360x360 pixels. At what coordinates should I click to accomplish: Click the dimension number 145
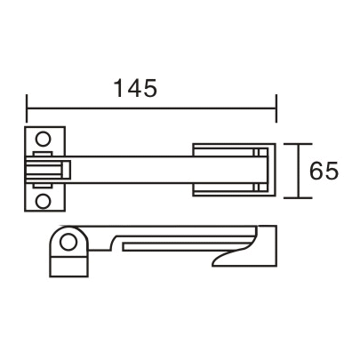(135, 89)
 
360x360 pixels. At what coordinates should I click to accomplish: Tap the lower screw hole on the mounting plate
(42, 201)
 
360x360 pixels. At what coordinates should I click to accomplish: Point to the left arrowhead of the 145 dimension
(30, 110)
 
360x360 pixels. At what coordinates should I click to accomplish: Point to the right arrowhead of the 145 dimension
(275, 110)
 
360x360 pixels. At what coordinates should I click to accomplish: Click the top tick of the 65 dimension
(300, 143)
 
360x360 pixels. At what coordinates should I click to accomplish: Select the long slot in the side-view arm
(187, 241)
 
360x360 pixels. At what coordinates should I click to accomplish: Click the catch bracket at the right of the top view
(229, 168)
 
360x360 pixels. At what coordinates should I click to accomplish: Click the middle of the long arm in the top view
(133, 168)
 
